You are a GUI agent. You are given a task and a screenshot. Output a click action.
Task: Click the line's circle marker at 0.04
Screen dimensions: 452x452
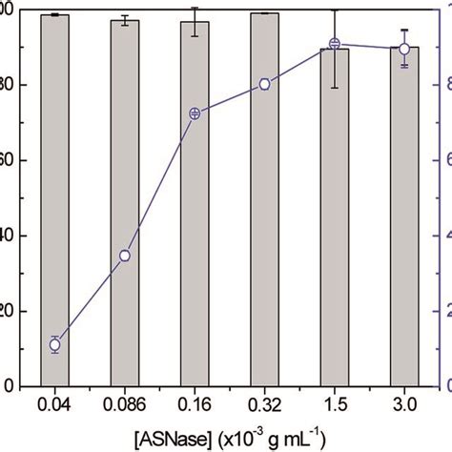54,345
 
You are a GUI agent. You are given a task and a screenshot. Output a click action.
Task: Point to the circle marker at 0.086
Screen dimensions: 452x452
125,256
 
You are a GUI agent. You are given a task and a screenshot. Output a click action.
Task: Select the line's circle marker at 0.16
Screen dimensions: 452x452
195,113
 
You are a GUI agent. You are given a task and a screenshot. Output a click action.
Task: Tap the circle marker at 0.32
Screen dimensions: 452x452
264,84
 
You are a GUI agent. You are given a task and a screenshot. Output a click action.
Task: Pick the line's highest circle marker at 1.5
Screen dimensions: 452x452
334,44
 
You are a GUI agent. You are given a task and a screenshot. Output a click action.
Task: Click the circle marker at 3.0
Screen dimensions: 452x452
404,49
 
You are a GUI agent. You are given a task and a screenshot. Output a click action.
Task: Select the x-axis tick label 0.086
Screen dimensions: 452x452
125,406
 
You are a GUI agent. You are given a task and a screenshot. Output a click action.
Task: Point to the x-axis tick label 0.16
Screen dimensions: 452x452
195,406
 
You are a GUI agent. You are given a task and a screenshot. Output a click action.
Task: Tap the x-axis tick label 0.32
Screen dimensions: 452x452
264,406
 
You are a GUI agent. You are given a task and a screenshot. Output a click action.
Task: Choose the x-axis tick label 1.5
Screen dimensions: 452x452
334,406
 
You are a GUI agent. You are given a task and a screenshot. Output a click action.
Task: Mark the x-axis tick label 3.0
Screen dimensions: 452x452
404,406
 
